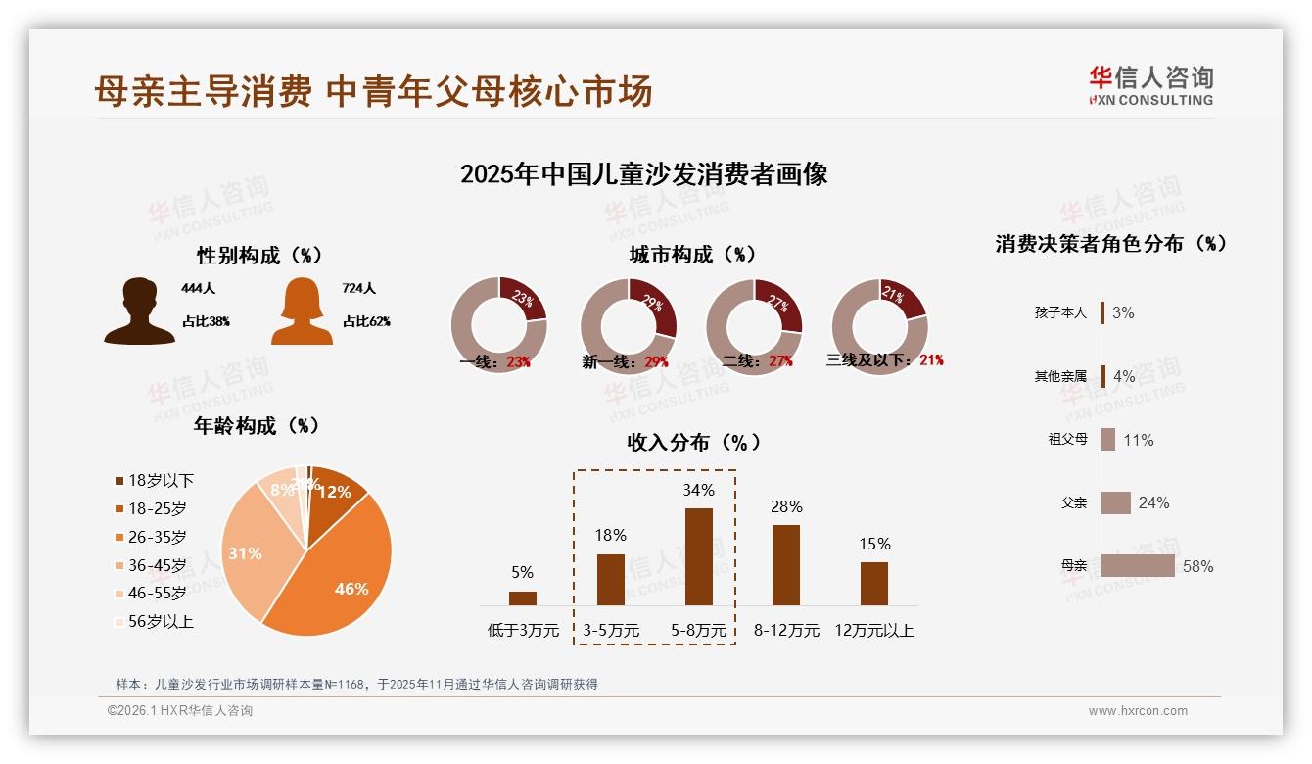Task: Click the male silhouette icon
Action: click(140, 311)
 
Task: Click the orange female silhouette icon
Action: click(302, 311)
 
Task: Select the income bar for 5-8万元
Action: click(698, 556)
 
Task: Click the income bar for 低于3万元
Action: click(523, 597)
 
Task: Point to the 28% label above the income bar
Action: click(786, 506)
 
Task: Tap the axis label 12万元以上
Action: click(874, 631)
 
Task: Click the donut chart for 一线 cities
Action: click(498, 325)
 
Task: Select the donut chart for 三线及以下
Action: click(879, 325)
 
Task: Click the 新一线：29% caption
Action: click(625, 361)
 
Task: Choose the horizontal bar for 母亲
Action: click(1138, 566)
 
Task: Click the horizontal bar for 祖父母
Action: click(1108, 440)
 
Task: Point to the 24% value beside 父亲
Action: click(1153, 503)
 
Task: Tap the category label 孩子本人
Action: click(1060, 313)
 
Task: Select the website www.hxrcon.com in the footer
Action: click(1138, 711)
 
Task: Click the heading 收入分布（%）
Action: click(693, 442)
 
